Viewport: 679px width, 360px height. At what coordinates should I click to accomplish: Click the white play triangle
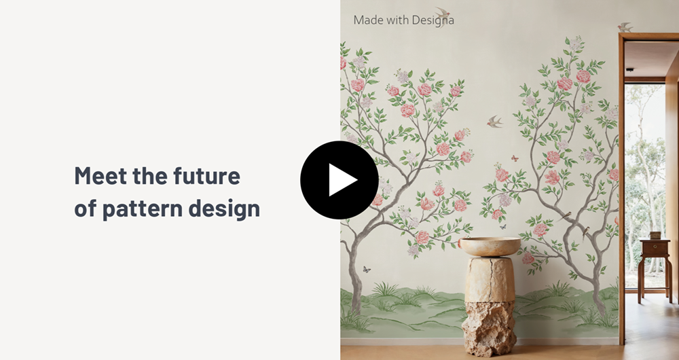point(342,180)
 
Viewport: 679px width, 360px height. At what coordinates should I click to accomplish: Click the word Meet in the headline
point(100,175)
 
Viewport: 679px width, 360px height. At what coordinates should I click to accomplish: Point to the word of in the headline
point(86,208)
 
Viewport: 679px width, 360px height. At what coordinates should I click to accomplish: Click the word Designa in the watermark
point(433,20)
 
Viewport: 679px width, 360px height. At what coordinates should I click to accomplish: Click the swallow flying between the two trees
point(494,122)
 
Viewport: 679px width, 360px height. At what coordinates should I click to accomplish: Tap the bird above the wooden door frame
point(625,27)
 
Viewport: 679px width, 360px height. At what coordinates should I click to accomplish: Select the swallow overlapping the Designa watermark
point(442,15)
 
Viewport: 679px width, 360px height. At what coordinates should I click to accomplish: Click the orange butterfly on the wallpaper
point(515,158)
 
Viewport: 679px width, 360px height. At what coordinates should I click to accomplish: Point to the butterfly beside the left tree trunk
point(367,270)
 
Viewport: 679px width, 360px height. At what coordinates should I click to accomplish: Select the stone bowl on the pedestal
point(490,246)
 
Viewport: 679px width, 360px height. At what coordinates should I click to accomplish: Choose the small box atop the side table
point(655,235)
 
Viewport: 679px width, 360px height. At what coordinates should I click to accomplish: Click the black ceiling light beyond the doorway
point(630,70)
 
